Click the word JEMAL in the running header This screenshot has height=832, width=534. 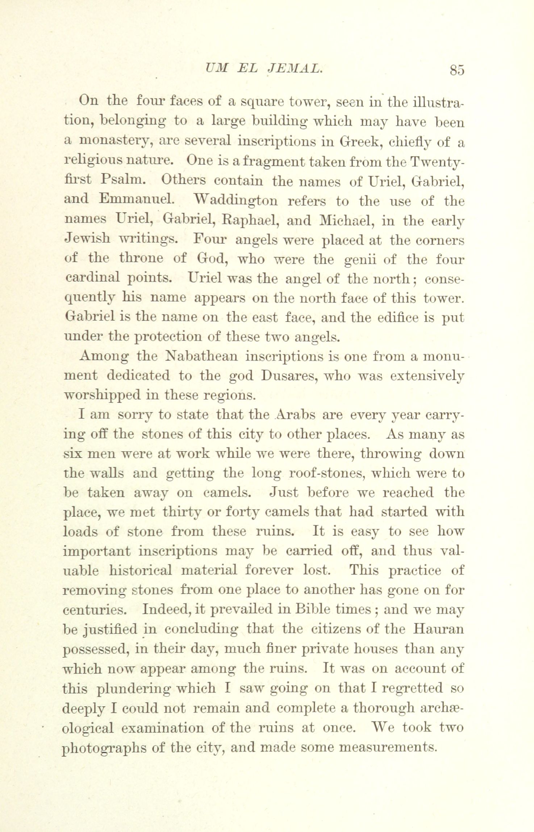pos(294,68)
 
